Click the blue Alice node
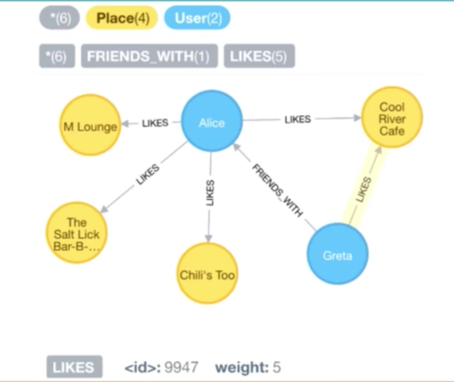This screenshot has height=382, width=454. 212,122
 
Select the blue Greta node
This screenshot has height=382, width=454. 338,255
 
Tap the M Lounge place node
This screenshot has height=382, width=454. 90,126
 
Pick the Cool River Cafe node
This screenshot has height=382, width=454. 392,118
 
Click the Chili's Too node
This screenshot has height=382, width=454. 207,274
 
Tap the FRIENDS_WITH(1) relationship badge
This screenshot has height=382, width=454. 149,56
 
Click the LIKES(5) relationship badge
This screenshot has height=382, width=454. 259,56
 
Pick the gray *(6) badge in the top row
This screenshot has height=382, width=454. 59,18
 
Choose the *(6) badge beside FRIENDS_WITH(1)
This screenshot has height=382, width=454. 57,56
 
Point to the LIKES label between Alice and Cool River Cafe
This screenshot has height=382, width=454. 297,119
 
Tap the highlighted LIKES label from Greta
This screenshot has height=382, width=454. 365,190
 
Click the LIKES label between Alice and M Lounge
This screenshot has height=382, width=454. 155,123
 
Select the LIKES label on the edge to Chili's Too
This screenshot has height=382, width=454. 210,193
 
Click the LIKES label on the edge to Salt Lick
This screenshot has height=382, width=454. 148,176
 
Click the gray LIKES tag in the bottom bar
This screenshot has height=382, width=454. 74,367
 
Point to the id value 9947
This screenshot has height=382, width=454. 181,368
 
